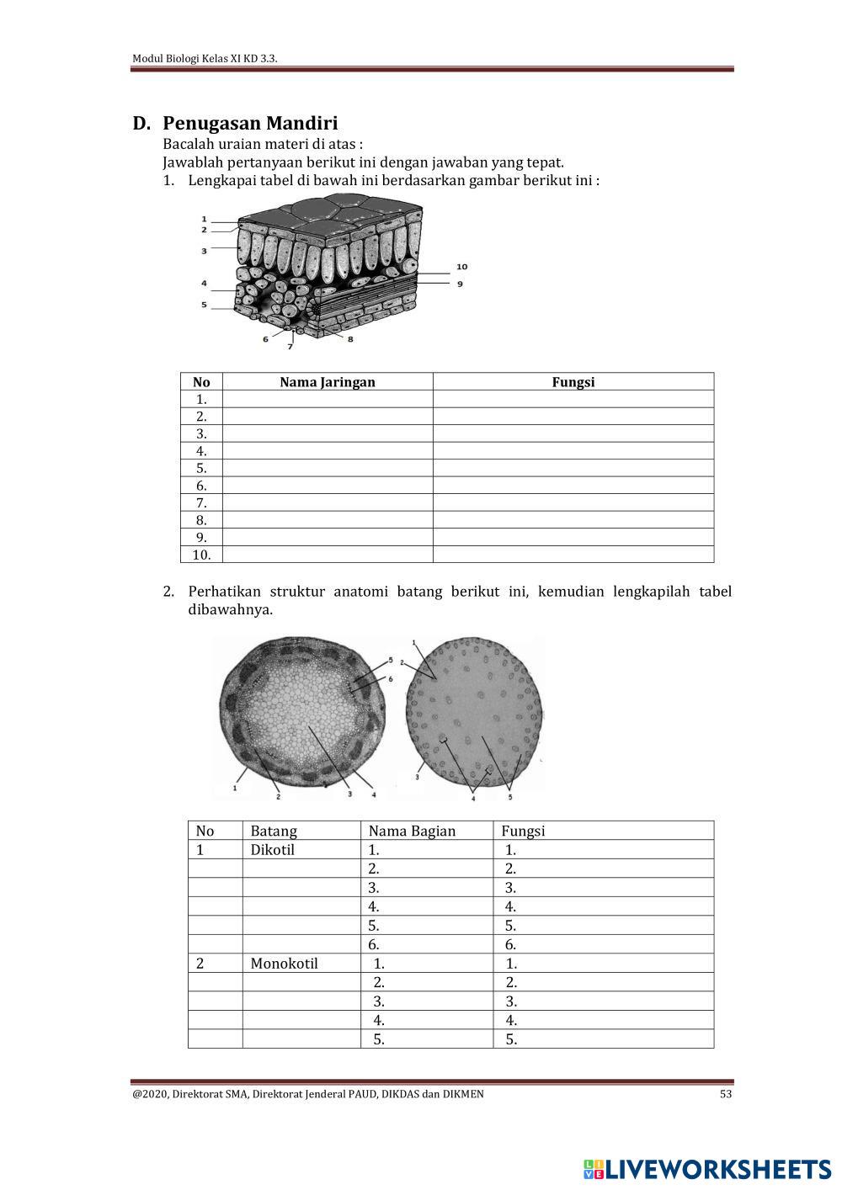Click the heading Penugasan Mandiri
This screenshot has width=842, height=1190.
click(250, 124)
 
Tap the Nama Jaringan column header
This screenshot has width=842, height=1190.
click(327, 382)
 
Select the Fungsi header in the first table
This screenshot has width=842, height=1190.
click(573, 382)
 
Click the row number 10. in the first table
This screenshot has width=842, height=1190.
click(201, 555)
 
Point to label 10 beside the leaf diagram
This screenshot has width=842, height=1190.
click(461, 267)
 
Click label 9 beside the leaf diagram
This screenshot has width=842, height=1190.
click(460, 284)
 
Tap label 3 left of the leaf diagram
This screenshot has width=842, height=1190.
click(204, 251)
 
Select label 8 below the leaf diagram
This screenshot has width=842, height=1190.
click(350, 339)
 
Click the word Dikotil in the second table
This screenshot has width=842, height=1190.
click(272, 850)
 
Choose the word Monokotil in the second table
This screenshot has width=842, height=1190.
click(284, 964)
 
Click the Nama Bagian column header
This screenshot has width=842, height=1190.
click(412, 831)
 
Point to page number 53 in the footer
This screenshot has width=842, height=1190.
click(726, 1094)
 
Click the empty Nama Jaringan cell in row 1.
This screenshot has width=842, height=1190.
click(327, 400)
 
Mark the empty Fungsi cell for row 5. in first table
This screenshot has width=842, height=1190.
click(573, 469)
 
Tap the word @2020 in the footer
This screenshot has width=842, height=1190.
click(149, 1094)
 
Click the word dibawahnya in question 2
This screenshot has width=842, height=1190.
click(230, 610)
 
